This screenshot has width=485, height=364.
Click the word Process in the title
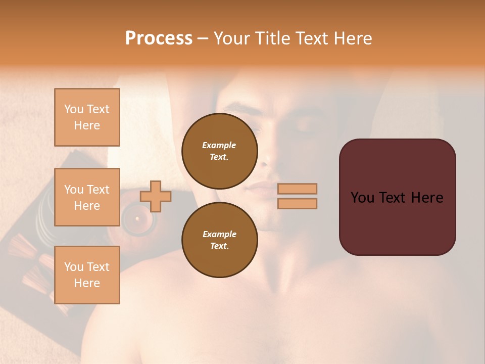(159, 38)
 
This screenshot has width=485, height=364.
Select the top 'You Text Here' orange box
(87, 117)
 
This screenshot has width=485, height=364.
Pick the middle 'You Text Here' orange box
(87, 197)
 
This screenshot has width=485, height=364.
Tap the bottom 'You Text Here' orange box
(87, 275)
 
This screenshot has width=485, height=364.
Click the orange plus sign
(156, 196)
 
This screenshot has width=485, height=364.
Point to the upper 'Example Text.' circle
(219, 151)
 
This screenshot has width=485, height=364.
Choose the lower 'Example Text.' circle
(219, 240)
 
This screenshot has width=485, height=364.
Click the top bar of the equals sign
(298, 189)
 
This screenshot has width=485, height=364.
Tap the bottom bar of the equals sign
(298, 203)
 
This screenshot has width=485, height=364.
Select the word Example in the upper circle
(219, 145)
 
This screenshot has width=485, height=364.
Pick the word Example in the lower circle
(219, 234)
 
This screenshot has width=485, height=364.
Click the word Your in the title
(231, 38)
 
